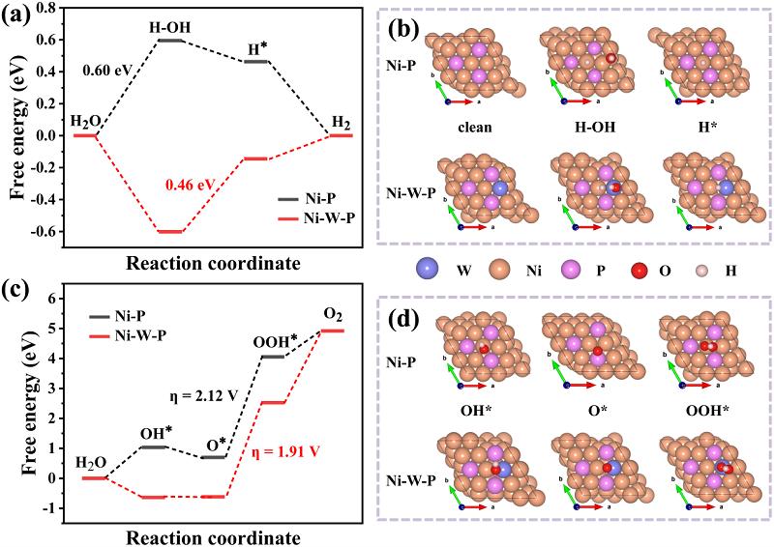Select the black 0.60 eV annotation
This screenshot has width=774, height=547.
coord(101,71)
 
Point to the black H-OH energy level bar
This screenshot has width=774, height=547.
coord(170,41)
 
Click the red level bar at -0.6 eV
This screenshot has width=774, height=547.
coord(170,232)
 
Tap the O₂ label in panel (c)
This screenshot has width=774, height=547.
coord(333,314)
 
